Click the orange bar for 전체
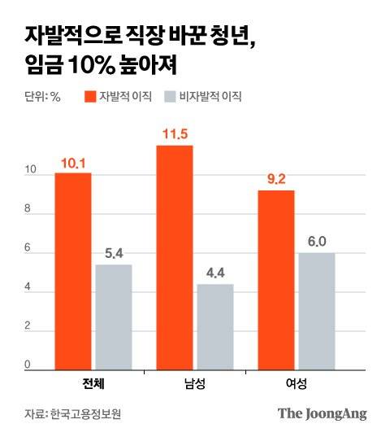73,271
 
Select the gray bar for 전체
113,317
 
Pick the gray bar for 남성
214,326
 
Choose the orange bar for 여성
276,280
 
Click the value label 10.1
73,164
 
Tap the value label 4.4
214,273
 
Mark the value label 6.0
316,242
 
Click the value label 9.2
276,180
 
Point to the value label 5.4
114,254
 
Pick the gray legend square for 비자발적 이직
169,96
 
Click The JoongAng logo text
322,413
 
